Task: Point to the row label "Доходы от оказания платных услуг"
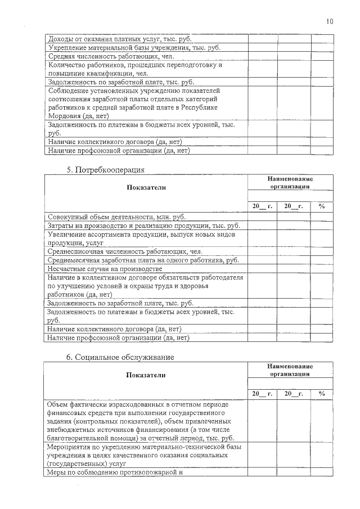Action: [120, 39]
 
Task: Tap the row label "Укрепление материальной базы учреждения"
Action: [134, 48]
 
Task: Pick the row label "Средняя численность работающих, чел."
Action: [111, 56]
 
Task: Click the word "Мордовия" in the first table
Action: [65, 115]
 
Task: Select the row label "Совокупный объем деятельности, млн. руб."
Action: [117, 217]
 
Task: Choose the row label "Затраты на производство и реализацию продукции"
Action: [144, 226]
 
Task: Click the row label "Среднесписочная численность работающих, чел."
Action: [125, 251]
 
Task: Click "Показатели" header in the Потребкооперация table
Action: [146, 187]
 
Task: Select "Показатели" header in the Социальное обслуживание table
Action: [146, 375]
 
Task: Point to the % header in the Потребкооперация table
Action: [322, 206]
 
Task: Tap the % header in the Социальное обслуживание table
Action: [322, 394]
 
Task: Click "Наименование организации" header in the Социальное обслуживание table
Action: [290, 370]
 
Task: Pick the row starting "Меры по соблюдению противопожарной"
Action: [116, 472]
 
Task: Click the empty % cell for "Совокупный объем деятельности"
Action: [322, 217]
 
